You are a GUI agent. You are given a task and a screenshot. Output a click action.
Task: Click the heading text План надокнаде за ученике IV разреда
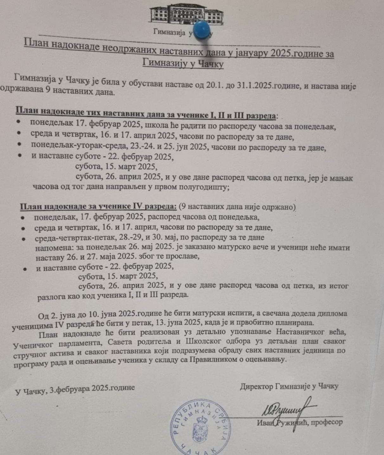tap(98, 207)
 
